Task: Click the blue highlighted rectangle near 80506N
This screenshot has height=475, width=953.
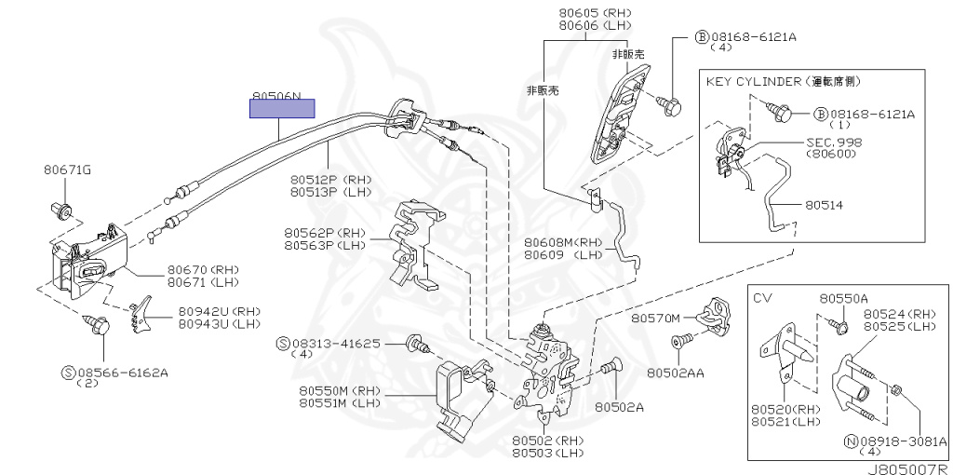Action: pos(282,108)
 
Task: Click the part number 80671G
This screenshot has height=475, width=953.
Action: pos(67,170)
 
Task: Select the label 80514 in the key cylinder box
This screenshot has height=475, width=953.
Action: pos(825,205)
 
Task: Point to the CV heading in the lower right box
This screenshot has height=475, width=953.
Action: pos(763,298)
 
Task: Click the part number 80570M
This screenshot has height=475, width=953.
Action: pos(654,319)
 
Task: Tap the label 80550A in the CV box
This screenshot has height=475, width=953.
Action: pos(843,299)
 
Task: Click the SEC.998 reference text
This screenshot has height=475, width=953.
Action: pos(834,142)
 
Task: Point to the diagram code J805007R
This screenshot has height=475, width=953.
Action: pos(908,468)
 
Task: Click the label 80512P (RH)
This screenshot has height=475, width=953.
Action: pos(330,180)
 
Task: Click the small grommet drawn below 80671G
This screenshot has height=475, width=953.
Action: pos(61,210)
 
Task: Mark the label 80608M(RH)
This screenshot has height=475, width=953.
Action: pos(565,243)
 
